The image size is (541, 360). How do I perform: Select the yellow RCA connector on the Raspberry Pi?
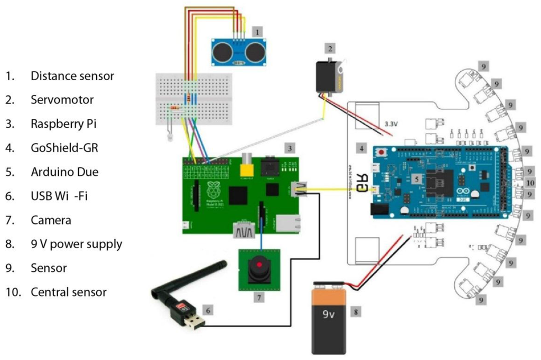coord(246,169)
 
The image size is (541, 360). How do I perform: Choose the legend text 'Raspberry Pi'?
coord(63,124)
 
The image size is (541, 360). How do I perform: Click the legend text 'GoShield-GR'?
coord(64,148)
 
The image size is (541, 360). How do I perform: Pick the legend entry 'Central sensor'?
coord(69,292)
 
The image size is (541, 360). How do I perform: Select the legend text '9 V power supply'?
coord(76,244)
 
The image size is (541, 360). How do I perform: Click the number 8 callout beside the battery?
coord(357,311)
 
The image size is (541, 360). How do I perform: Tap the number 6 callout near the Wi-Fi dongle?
coord(209,310)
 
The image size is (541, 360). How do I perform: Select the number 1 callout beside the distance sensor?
coord(257,32)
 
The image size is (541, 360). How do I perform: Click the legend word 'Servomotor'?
coord(62,100)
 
